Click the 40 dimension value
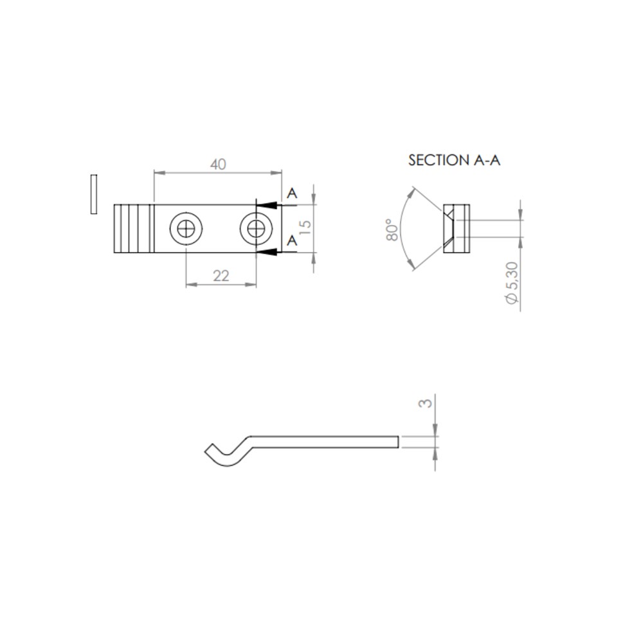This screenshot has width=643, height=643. tap(218, 165)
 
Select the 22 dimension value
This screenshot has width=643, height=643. tap(221, 276)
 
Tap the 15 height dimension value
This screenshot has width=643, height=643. tap(305, 227)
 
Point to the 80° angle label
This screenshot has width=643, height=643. tap(392, 230)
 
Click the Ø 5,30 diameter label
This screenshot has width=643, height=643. tap(512, 283)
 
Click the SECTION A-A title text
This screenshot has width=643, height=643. tap(455, 160)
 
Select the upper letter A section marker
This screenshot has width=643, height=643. tap(292, 193)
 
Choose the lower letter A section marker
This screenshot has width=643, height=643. tap(292, 240)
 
